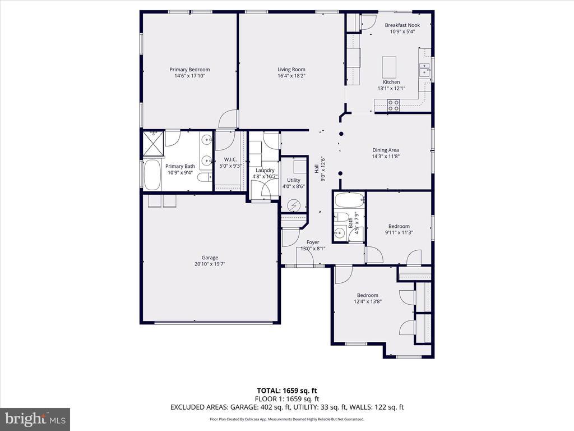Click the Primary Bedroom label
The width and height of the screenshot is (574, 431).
189,70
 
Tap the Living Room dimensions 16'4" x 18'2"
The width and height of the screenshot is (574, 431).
291,76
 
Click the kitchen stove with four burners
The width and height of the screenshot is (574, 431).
394,106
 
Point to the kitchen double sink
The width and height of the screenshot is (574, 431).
425,70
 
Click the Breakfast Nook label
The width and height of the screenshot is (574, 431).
402,25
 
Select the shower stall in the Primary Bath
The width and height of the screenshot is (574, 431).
153,143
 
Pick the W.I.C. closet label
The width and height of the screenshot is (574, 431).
230,159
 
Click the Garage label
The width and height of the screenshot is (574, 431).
210,258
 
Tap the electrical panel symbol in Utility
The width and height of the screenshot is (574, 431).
293,206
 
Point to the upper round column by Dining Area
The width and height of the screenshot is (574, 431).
341,134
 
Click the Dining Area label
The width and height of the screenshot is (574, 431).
386,150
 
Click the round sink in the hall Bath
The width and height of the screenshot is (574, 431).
340,232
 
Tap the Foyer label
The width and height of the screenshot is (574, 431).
313,242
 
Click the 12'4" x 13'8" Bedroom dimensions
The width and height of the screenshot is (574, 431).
368,301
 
